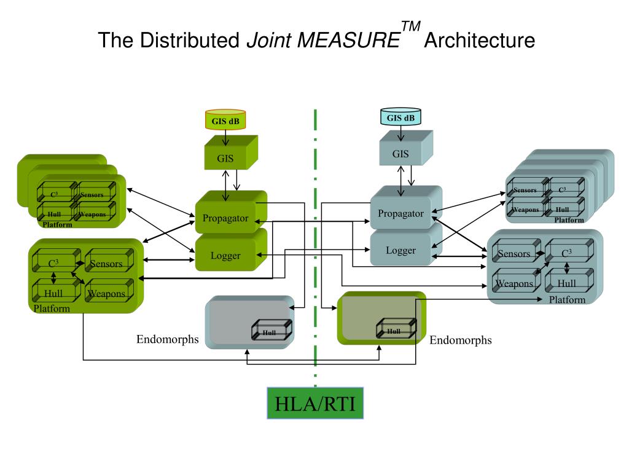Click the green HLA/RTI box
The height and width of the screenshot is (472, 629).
tap(315, 403)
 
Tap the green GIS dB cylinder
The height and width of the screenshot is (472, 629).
tap(225, 120)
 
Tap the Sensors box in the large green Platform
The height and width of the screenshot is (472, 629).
tap(106, 263)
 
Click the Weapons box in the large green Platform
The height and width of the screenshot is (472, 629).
tap(106, 293)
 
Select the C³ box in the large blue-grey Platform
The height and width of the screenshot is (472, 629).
tap(567, 252)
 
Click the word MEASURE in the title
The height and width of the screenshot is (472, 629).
tap(348, 41)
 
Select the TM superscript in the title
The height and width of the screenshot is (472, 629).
tap(410, 27)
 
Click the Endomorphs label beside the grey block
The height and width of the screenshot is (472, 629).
tap(167, 339)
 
